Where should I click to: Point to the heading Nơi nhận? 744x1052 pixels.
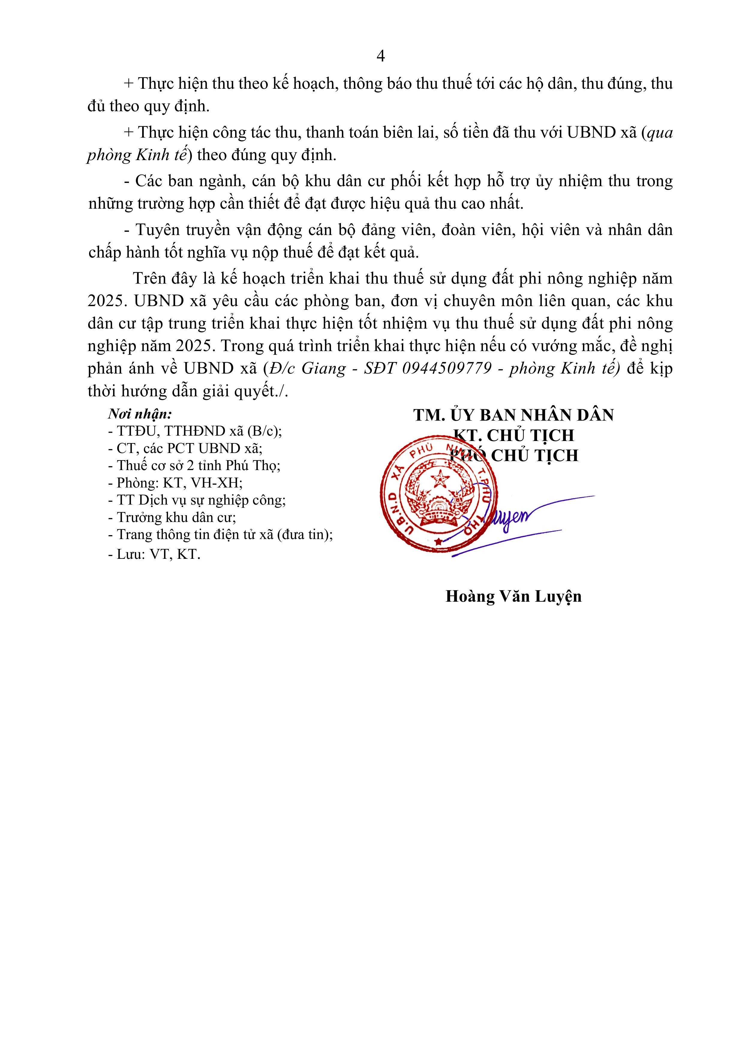point(140,414)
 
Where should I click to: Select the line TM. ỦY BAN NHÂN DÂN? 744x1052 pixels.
point(513,415)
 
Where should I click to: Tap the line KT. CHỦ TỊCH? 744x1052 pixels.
point(513,435)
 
